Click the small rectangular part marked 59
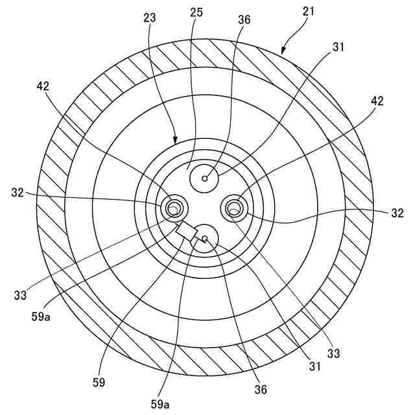coord(187,231)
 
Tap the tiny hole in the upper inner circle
coord(205,178)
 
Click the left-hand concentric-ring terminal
coord(174,208)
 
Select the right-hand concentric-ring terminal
coord(235,207)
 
